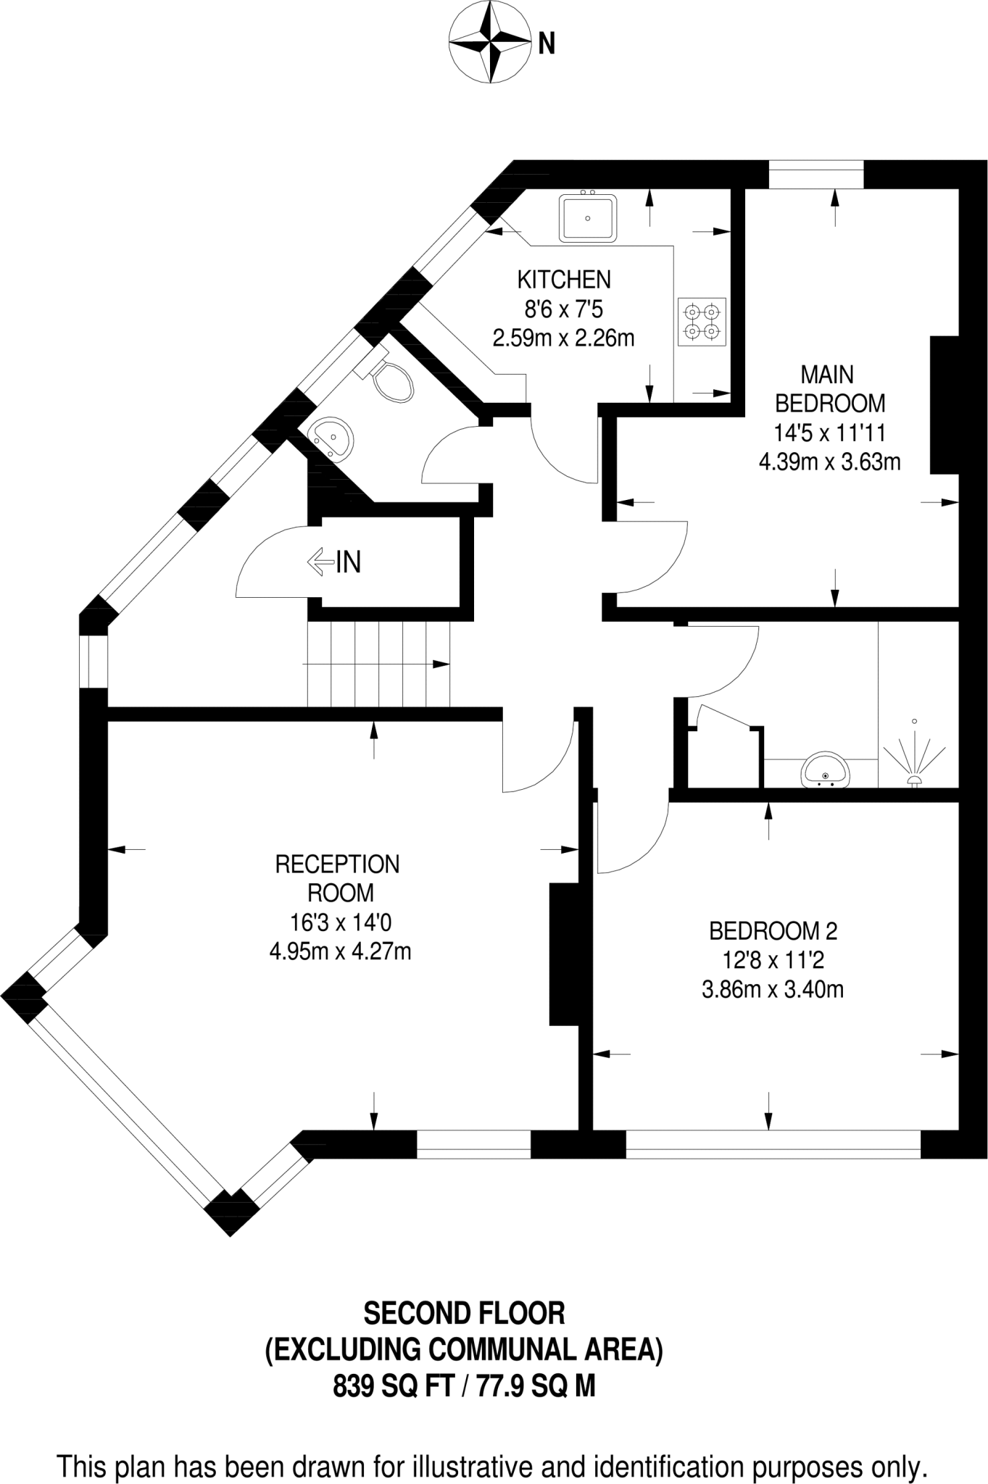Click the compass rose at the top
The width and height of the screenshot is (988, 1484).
point(489,43)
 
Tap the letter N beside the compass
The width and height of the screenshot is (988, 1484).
point(547,44)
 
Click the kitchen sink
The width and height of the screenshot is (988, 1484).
point(587,217)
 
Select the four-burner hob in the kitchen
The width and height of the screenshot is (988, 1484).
point(702,322)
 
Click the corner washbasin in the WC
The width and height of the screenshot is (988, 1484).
point(332,438)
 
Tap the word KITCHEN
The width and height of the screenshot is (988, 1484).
point(564,279)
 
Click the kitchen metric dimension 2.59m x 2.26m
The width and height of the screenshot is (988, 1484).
point(564,338)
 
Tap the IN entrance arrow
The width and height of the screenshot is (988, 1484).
point(334,562)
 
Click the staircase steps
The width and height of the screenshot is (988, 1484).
point(378,664)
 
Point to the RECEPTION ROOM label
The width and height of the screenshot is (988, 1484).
point(338,878)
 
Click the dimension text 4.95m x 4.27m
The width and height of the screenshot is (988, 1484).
point(340,951)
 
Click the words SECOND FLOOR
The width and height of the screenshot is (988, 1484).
point(464,1313)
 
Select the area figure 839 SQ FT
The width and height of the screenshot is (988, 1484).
point(393,1385)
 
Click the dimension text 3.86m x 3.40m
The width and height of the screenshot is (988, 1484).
point(773,989)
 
